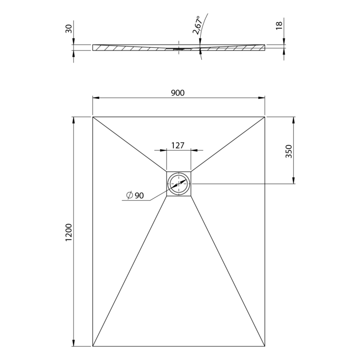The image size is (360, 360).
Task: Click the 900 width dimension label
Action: [178, 93]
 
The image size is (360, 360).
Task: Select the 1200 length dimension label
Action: [69, 232]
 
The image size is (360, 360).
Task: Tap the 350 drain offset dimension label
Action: [288, 151]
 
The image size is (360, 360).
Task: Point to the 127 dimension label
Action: [178, 145]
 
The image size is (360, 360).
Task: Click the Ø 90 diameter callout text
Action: [135, 195]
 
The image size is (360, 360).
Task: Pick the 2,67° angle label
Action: [197, 25]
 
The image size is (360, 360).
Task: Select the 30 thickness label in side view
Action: [69, 29]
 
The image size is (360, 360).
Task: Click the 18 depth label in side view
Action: [279, 25]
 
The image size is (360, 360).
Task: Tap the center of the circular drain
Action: [179, 184]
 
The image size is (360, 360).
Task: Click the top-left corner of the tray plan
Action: [93, 117]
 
